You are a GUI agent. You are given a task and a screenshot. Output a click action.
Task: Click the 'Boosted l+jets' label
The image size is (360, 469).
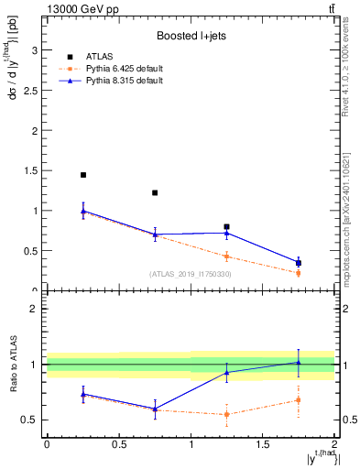click(x=190, y=37)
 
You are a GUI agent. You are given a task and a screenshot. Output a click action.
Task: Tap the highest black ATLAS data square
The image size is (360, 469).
click(x=83, y=175)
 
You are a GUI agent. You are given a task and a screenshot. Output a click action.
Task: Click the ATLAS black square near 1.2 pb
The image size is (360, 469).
click(x=155, y=193)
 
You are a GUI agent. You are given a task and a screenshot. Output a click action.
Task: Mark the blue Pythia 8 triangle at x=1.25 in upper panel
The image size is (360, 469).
click(x=226, y=233)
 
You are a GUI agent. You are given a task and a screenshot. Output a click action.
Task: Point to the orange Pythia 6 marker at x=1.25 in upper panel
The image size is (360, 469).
click(x=226, y=256)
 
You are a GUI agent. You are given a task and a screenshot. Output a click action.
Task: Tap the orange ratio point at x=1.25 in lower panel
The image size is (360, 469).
click(x=226, y=414)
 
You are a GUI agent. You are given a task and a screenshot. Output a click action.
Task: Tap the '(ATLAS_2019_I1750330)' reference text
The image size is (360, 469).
click(x=191, y=274)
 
